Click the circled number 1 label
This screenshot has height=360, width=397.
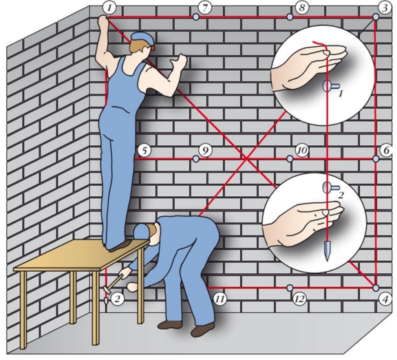[x=109, y=8]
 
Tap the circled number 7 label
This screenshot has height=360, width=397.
[x=204, y=8]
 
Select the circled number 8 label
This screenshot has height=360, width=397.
[x=301, y=8]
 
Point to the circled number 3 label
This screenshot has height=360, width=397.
[x=385, y=8]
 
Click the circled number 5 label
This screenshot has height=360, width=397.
[x=144, y=151]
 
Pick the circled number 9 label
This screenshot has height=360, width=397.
[x=205, y=151]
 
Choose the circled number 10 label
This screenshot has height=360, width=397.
[x=302, y=151]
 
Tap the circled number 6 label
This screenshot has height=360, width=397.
[x=387, y=151]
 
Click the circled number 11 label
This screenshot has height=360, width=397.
[x=219, y=299]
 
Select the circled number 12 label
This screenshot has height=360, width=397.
[x=299, y=299]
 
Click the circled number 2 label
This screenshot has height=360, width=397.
[x=117, y=299]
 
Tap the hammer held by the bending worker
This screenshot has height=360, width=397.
[x=115, y=282]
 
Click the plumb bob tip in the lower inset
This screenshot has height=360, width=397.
[x=328, y=260]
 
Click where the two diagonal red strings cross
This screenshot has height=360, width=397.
[x=246, y=159]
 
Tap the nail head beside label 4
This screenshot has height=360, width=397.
[x=376, y=288]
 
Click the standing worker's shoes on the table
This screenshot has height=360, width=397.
[x=120, y=246]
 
